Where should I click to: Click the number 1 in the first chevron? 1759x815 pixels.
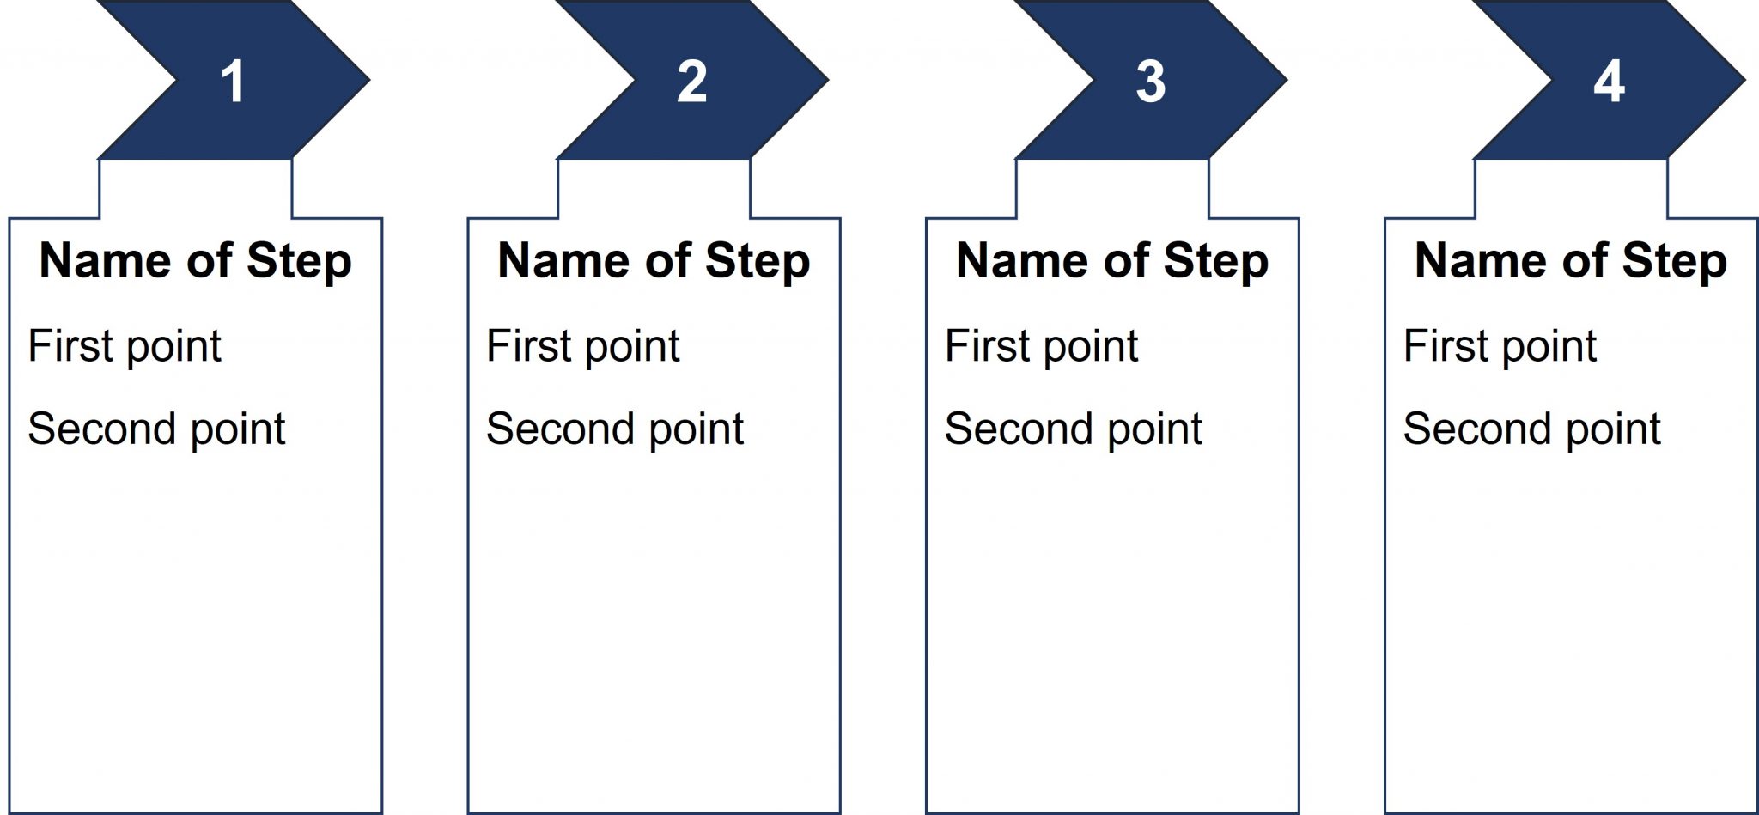pos(233,82)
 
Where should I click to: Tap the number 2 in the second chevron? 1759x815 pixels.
pos(691,82)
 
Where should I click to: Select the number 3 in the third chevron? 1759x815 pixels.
pos(1150,82)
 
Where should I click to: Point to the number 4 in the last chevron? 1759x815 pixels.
pos(1609,82)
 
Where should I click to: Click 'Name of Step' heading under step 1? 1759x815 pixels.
pos(196,261)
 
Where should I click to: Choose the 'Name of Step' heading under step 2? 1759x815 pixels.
pos(654,261)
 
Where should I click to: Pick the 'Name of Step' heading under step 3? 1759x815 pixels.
pos(1112,261)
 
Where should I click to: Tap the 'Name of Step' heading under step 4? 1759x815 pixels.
pos(1571,261)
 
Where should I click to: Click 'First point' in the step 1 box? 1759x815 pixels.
pos(125,347)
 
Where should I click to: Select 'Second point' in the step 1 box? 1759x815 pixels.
pos(156,429)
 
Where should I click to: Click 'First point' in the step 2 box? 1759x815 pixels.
pos(583,347)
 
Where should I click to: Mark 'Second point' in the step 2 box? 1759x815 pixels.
pos(615,429)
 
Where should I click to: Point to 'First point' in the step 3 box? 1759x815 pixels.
pos(1042,347)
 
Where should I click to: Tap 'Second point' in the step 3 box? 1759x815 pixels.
pos(1074,429)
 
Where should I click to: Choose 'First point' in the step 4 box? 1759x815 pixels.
pos(1500,347)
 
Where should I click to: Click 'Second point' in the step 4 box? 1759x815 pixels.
pos(1532,429)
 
